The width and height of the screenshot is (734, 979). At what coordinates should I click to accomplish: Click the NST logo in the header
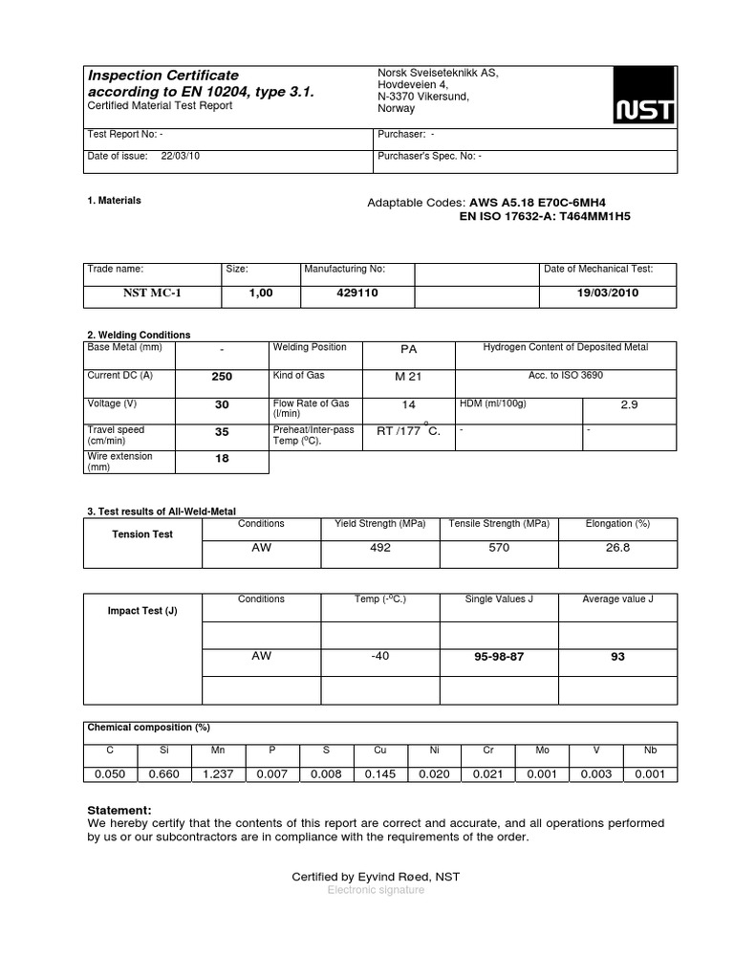[x=644, y=96]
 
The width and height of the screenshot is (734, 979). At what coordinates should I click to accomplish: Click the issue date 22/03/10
[x=181, y=156]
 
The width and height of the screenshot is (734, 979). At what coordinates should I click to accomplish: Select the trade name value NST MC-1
[x=152, y=294]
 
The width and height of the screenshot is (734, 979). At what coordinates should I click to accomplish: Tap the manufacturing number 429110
[x=357, y=294]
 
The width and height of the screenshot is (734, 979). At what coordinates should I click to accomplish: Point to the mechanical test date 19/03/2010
[x=608, y=294]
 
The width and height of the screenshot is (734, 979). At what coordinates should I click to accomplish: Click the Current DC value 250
[x=222, y=377]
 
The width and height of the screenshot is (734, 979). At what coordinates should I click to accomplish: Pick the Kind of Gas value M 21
[x=408, y=377]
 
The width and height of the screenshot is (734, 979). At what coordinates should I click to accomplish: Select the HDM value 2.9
[x=629, y=405]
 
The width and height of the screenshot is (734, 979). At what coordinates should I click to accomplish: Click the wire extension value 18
[x=222, y=460]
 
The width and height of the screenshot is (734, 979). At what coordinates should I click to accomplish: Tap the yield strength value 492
[x=380, y=548]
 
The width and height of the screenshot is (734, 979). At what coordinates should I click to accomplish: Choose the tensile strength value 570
[x=499, y=548]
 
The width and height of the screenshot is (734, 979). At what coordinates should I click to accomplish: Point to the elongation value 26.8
[x=617, y=548]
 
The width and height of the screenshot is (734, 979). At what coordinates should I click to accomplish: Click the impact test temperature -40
[x=380, y=656]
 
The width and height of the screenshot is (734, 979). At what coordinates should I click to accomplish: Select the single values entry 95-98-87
[x=499, y=658]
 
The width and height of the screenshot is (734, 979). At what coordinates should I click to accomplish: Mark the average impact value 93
[x=617, y=658]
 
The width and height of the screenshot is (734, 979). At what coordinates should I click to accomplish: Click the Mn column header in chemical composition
[x=218, y=751]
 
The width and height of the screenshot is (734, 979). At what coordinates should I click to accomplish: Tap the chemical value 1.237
[x=218, y=774]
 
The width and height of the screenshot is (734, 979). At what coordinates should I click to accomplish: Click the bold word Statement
[x=119, y=810]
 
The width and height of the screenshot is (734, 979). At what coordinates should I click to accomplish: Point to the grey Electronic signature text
[x=376, y=890]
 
